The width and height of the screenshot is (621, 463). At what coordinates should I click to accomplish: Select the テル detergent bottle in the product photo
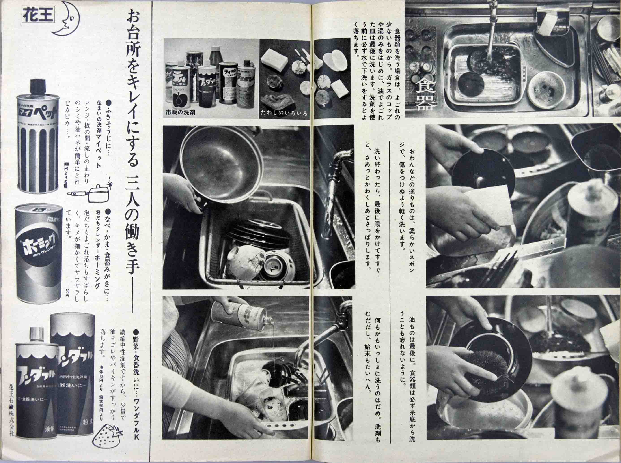(x=182, y=87)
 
